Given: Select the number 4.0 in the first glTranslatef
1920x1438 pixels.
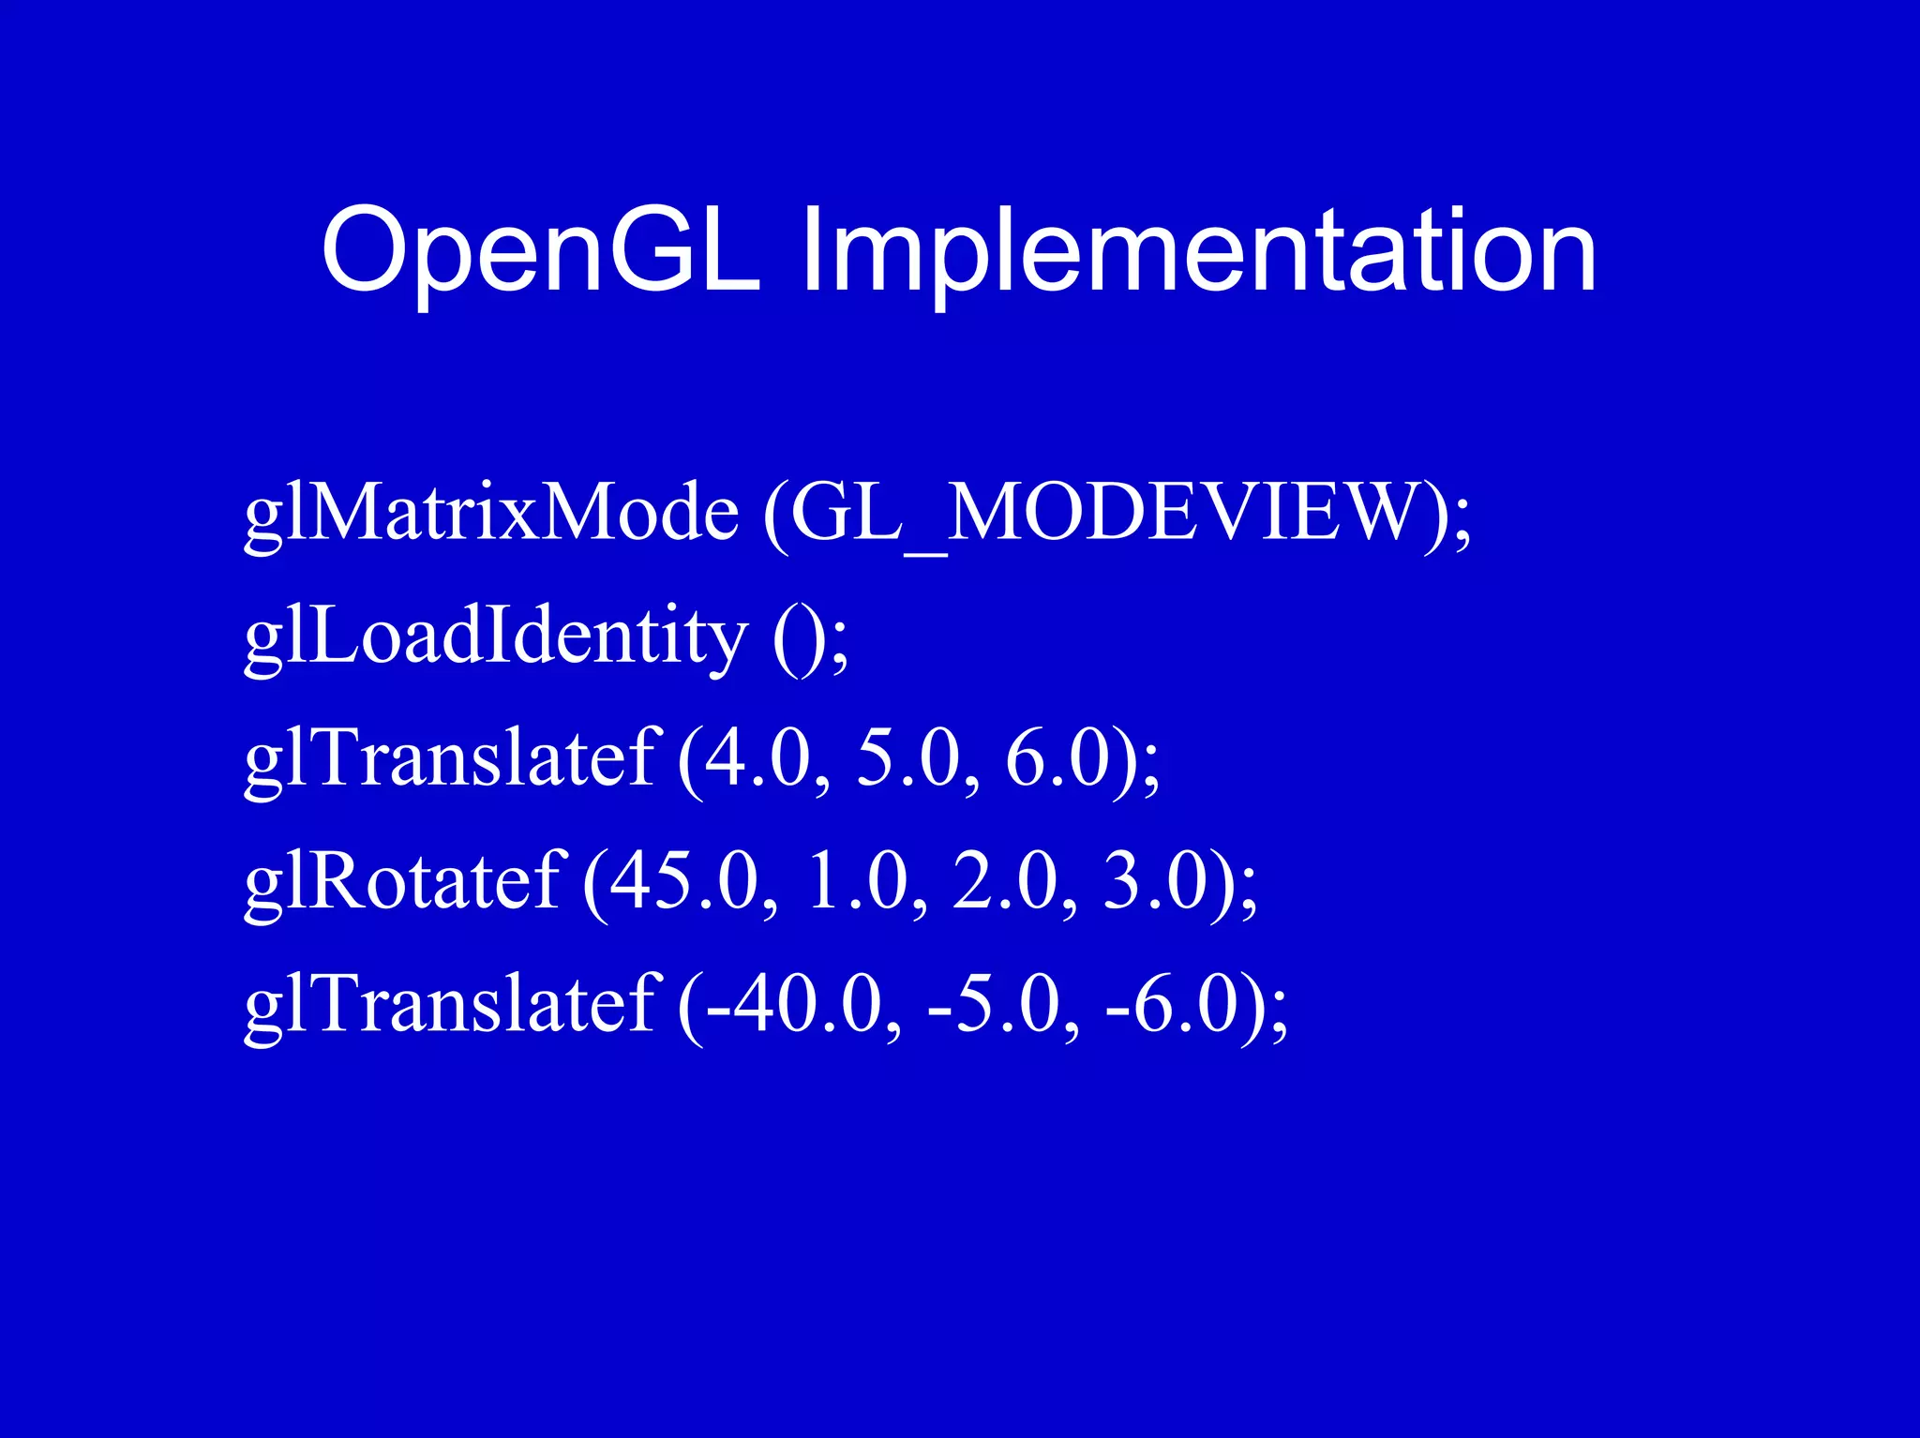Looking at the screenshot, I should coord(756,759).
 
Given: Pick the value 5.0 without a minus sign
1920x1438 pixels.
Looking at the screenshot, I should coord(907,759).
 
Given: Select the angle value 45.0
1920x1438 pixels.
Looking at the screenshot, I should coord(685,882).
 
